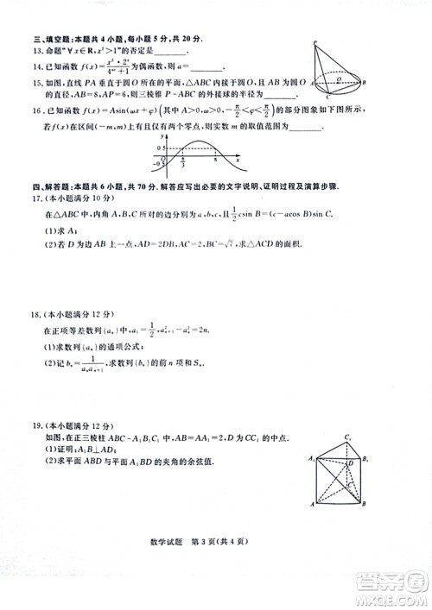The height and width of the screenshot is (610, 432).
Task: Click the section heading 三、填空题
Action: click(x=55, y=40)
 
